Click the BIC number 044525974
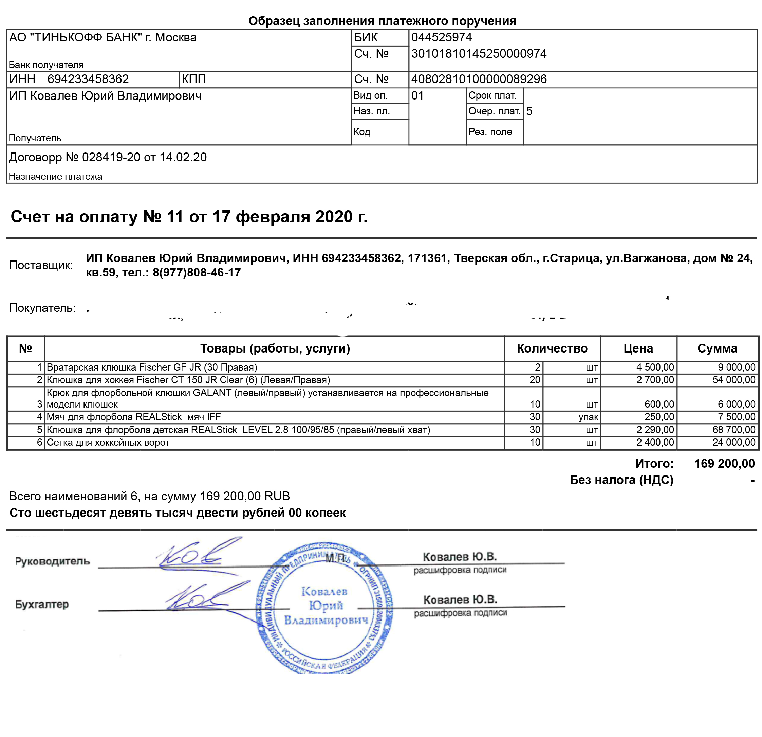(441, 37)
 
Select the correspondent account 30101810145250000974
(479, 54)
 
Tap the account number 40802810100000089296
(479, 79)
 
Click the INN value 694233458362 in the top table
(88, 79)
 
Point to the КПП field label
(193, 79)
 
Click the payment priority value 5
(529, 111)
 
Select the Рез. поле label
(490, 132)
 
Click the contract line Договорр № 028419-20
(108, 157)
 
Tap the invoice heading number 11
(174, 217)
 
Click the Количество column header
(552, 348)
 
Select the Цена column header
(638, 348)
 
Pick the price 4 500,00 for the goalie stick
(655, 367)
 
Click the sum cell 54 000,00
(733, 380)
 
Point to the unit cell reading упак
(588, 417)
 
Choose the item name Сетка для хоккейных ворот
(108, 442)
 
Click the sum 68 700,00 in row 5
(733, 430)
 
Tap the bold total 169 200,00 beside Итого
(724, 463)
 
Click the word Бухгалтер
(42, 604)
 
